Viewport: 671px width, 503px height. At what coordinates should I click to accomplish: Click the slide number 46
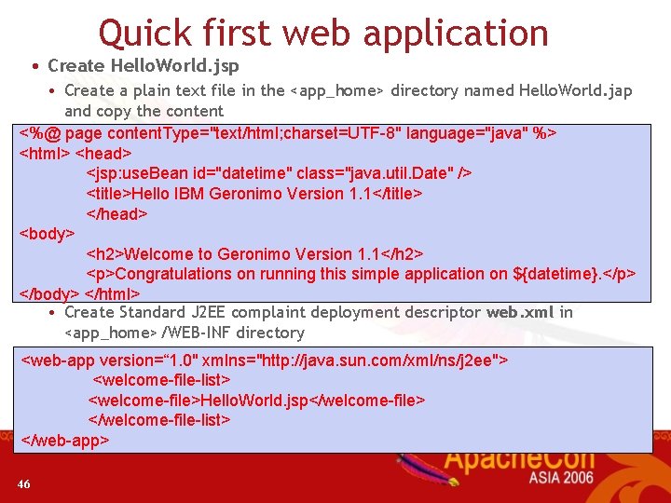(23, 483)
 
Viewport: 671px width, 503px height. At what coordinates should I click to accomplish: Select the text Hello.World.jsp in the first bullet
(174, 66)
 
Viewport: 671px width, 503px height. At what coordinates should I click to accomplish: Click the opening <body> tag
(47, 234)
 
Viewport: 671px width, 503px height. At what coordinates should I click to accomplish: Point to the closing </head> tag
(117, 213)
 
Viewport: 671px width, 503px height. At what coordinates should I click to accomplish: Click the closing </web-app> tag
(65, 440)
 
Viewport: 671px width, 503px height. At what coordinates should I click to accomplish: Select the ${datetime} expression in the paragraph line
(568, 274)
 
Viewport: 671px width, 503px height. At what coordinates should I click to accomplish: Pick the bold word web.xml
(520, 313)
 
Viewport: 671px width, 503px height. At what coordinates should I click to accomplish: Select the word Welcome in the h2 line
(159, 254)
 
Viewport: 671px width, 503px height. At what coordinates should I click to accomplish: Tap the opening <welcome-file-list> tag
(162, 380)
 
